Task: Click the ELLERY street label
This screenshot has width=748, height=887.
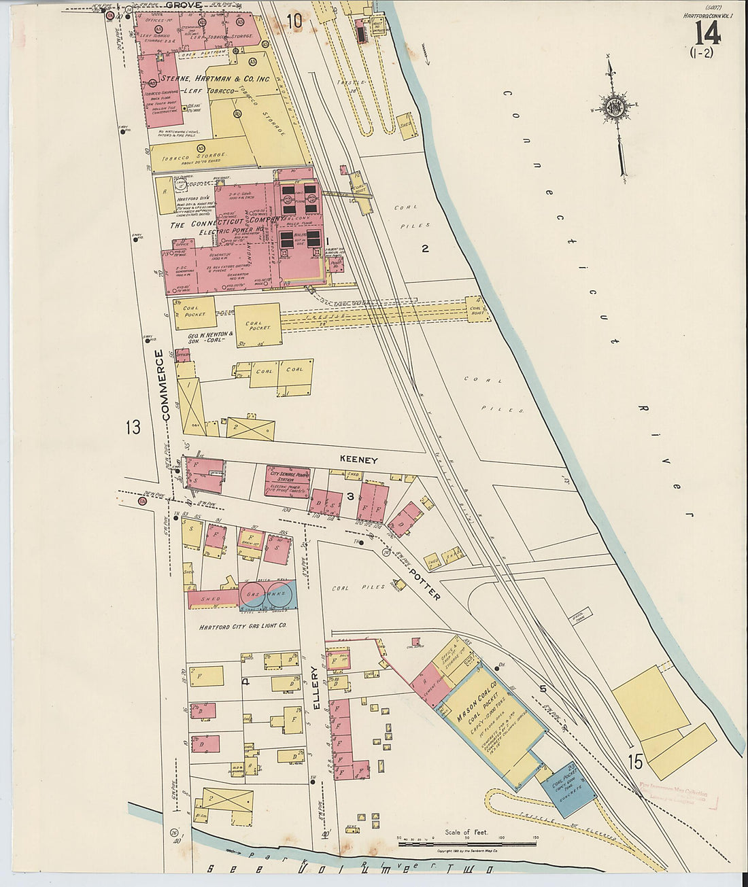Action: point(316,688)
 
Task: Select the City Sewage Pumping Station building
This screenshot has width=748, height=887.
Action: point(288,481)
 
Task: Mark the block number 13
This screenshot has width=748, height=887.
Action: point(132,428)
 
